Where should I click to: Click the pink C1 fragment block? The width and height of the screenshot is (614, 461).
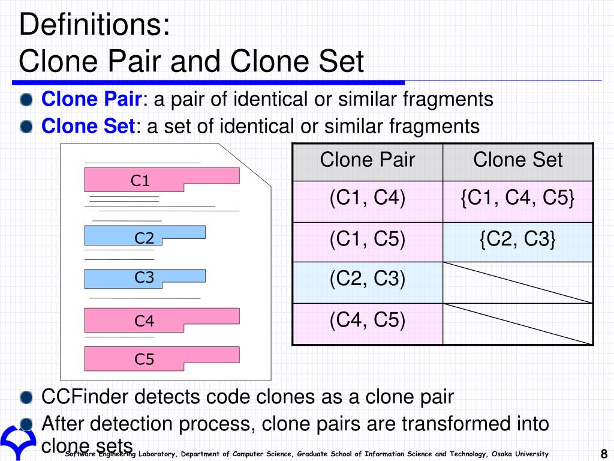click(162, 180)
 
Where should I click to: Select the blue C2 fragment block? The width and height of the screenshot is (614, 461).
click(145, 235)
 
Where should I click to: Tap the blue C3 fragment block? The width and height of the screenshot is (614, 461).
click(145, 279)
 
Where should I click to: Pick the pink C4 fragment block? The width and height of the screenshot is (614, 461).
click(162, 321)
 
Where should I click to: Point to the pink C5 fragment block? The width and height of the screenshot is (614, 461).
click(162, 359)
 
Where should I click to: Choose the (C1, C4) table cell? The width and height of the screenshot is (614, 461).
click(368, 202)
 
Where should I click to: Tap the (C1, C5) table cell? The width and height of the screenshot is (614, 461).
click(368, 243)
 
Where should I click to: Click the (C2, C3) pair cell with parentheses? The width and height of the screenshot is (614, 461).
click(368, 283)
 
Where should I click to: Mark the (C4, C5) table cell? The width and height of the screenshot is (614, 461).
click(368, 324)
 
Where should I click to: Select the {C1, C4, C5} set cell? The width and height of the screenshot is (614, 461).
click(518, 202)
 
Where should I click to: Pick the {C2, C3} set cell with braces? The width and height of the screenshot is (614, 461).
click(518, 243)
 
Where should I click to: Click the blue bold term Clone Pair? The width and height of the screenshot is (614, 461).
click(91, 99)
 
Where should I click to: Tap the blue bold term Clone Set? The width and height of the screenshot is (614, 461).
click(88, 126)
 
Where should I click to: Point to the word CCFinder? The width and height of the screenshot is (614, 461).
click(85, 397)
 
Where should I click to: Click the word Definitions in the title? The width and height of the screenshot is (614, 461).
click(94, 24)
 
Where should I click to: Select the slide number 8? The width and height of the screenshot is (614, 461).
click(604, 453)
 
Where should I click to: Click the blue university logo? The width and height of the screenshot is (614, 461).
click(18, 441)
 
